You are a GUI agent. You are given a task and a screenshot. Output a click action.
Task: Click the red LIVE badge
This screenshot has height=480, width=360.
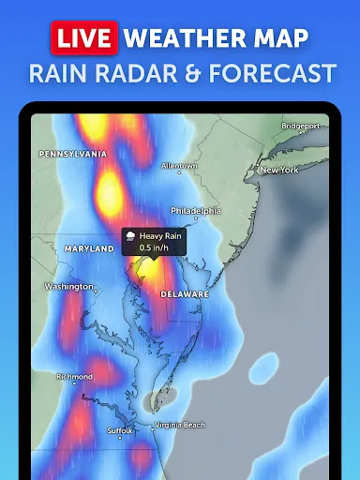tap(82, 37)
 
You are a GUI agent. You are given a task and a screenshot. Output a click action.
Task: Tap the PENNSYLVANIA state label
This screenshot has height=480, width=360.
tap(73, 153)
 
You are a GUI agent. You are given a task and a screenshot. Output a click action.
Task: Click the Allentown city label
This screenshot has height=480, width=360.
tap(179, 166)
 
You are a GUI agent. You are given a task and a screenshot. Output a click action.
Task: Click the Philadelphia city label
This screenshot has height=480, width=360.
tap(195, 211)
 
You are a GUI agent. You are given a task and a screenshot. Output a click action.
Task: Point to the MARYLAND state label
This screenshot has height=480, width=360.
tap(88, 249)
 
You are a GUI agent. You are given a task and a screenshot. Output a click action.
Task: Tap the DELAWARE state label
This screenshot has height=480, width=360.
tap(185, 293)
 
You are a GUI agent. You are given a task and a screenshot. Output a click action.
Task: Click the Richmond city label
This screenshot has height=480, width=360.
tap(74, 377)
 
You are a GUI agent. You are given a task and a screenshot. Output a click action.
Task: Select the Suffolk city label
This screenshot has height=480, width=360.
tap(119, 430)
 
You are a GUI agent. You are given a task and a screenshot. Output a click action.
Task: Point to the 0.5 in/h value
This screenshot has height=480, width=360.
tap(156, 247)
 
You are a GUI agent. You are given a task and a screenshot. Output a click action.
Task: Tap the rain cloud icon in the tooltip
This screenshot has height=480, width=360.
tap(130, 237)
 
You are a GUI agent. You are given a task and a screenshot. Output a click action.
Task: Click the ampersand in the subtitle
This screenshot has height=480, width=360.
tap(198, 72)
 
